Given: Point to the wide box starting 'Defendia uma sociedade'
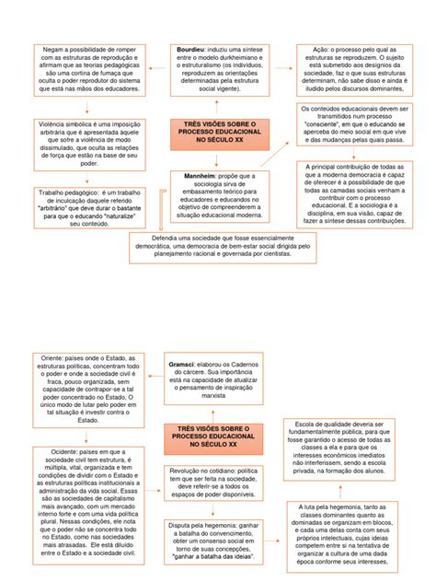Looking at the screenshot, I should pyautogui.click(x=218, y=247).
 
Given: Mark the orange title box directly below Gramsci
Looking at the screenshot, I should pyautogui.click(x=212, y=436).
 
